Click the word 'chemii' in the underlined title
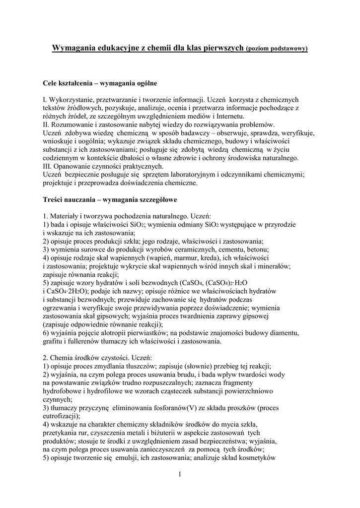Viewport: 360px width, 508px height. click(x=145, y=48)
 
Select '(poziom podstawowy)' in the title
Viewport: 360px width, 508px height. click(x=277, y=49)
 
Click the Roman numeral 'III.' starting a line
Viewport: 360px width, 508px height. click(x=47, y=166)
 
